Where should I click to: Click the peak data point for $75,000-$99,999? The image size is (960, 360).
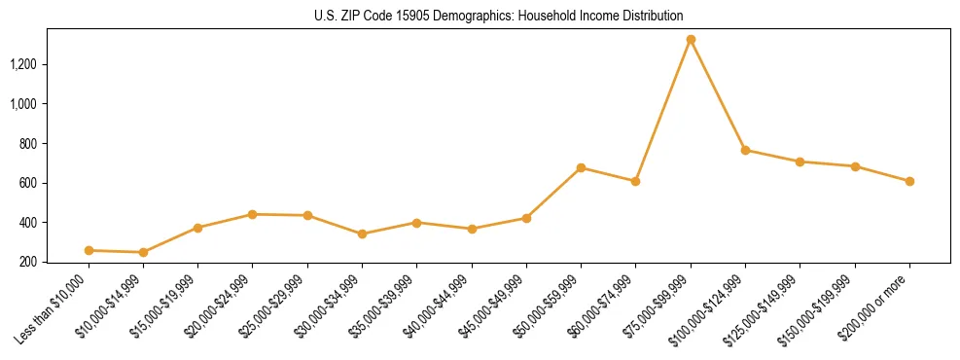click(691, 40)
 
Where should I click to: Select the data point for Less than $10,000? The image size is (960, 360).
click(89, 250)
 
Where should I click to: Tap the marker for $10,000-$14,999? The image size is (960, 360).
click(143, 252)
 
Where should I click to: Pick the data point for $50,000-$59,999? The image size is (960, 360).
click(581, 167)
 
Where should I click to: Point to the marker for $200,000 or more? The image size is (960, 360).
click(909, 181)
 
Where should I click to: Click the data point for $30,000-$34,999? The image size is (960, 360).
click(362, 234)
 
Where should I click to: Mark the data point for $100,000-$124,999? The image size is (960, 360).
click(745, 150)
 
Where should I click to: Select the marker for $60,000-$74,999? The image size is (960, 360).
click(635, 181)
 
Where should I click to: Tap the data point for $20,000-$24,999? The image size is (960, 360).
click(253, 214)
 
